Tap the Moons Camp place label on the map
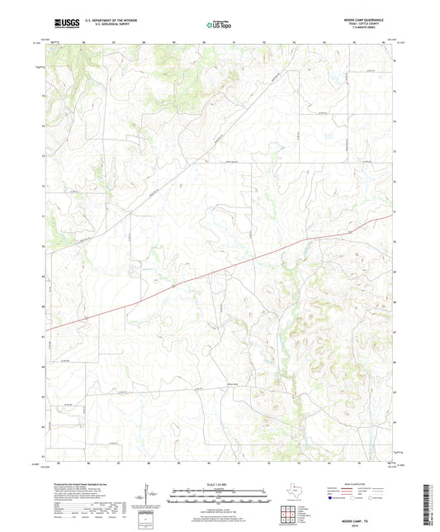pos(234,382)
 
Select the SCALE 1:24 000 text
pos(220,484)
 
